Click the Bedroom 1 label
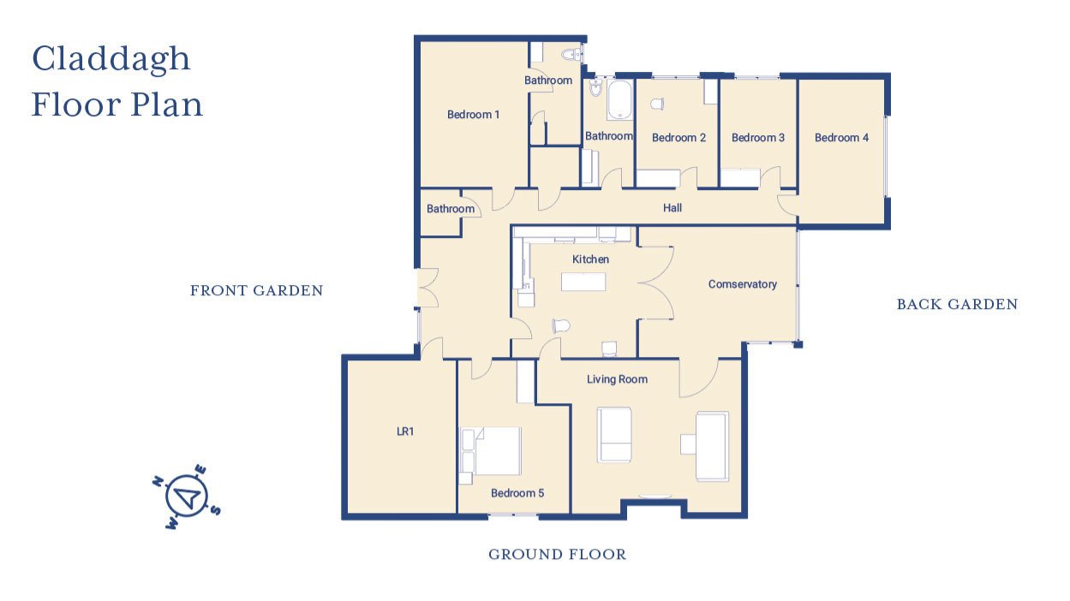(x=473, y=115)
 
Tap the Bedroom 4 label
(x=841, y=138)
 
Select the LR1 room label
(x=405, y=431)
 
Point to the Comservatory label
(x=742, y=284)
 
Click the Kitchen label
(x=590, y=259)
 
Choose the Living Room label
(x=617, y=379)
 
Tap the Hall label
(x=672, y=208)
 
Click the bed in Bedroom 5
(x=492, y=451)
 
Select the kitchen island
(x=583, y=282)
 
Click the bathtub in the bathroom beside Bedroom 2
(x=619, y=100)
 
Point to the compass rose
(x=187, y=497)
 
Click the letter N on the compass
(x=158, y=481)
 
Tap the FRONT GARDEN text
(x=256, y=291)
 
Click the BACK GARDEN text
(x=957, y=305)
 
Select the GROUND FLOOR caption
(x=557, y=555)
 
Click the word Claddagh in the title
(x=111, y=60)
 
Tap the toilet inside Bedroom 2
(x=657, y=104)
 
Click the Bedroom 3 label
(x=757, y=138)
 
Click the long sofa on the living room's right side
(x=711, y=445)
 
